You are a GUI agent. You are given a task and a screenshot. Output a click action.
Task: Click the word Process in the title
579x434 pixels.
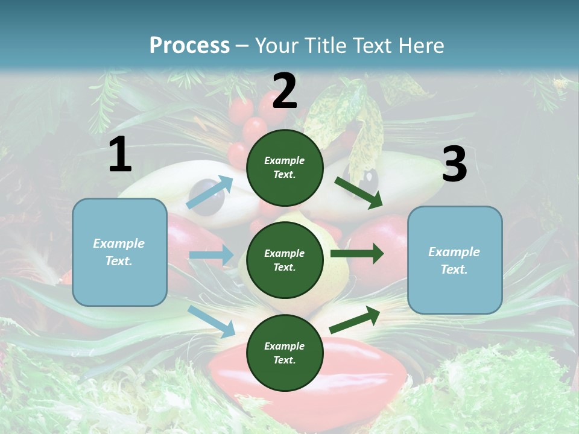189,45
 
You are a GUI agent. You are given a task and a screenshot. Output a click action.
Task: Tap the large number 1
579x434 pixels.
120,155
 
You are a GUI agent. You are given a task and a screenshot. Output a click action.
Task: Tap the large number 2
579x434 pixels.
285,92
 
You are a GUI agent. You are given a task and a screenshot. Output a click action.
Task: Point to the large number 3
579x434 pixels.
454,165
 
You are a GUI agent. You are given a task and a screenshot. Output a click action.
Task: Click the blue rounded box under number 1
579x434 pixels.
119,252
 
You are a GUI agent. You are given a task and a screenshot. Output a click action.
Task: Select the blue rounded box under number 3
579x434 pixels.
455,260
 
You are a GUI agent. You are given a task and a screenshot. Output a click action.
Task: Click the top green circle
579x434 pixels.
285,168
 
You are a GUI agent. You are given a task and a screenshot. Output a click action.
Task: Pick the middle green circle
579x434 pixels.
285,260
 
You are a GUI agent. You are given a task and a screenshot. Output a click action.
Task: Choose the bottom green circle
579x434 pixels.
285,353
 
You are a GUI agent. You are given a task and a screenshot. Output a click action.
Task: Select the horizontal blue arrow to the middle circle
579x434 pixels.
211,255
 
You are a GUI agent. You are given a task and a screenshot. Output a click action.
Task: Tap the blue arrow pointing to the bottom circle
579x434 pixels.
211,321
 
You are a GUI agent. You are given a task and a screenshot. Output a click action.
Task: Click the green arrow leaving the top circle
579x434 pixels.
359,192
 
